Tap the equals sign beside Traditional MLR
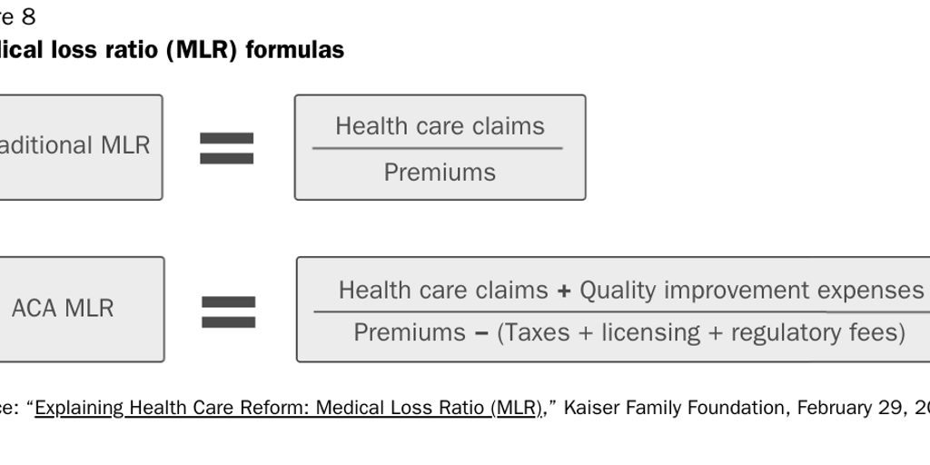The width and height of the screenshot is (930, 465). pos(227,148)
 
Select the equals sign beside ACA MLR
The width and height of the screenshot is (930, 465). pos(228,312)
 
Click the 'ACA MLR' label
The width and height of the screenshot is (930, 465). pos(63,309)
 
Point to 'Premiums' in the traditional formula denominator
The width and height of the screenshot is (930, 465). pos(440,172)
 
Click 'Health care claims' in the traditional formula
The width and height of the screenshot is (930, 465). pos(440,126)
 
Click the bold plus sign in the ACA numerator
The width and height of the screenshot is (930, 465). pos(564,291)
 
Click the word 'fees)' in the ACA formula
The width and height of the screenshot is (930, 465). pos(877,332)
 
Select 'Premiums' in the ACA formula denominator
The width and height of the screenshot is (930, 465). pos(410,332)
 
